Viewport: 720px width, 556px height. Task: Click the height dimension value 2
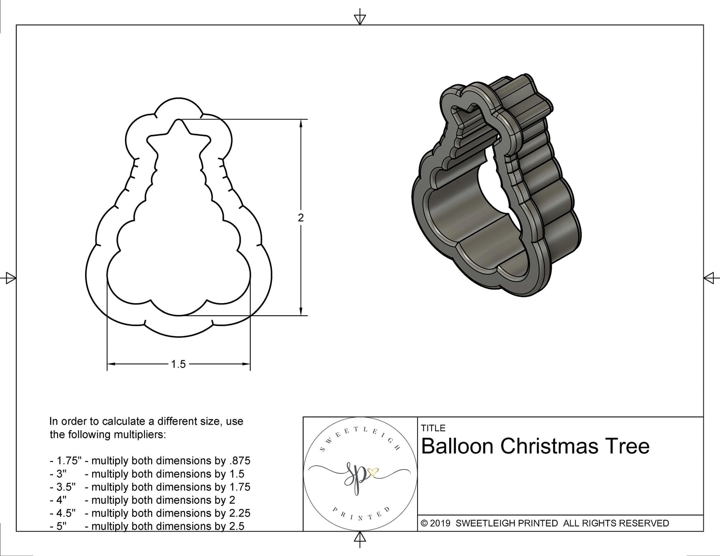tap(301, 218)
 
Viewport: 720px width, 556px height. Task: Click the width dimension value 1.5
tap(178, 364)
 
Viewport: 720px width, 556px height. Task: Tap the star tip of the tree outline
tap(179, 121)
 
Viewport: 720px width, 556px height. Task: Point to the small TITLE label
tap(433, 428)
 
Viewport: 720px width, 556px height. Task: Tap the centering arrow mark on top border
tap(360, 18)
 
